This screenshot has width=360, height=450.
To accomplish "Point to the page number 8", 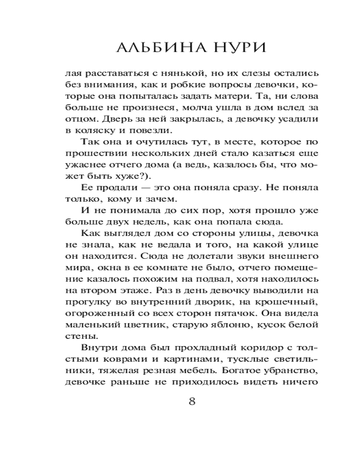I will click(192, 401).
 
